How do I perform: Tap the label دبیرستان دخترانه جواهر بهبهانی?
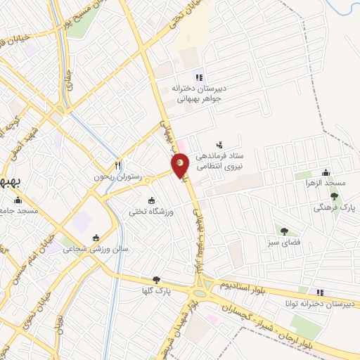(199, 94)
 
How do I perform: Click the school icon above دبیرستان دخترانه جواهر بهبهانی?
(199, 77)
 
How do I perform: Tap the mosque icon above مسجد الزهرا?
(326, 173)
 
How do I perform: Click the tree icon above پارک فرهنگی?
(334, 197)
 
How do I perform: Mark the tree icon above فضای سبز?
(284, 231)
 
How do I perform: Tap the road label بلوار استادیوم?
(244, 283)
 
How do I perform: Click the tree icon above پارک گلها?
(156, 279)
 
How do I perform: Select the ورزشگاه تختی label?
(148, 210)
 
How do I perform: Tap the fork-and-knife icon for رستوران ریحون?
(118, 165)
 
